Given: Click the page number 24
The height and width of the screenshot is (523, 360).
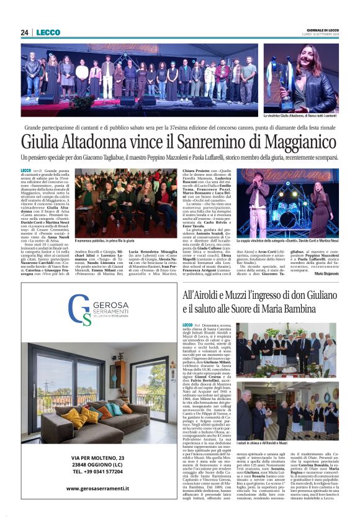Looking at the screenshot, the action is point(25,33).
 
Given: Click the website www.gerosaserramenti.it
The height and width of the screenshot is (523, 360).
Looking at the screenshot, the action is point(97,488).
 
